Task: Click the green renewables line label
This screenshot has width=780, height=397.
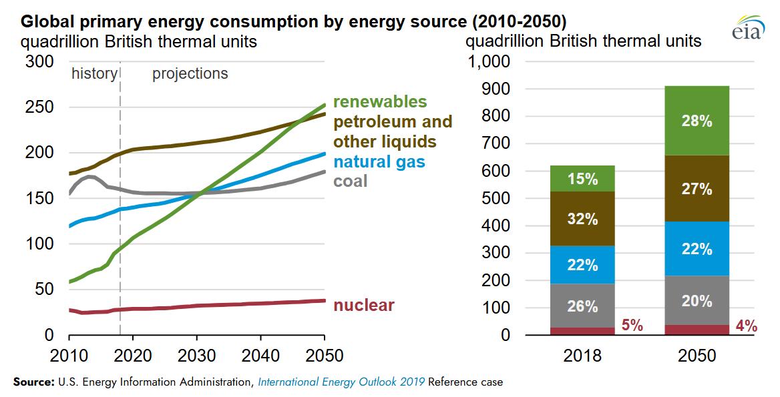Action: tap(379, 101)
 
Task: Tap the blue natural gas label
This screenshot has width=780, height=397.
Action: tap(379, 161)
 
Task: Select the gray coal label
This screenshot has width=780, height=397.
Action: tap(350, 180)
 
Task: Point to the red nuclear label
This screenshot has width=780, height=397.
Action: tap(363, 306)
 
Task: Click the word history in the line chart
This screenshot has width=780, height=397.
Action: tap(94, 73)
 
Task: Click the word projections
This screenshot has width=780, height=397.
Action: tap(190, 73)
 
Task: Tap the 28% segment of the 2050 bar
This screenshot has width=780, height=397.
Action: tap(697, 121)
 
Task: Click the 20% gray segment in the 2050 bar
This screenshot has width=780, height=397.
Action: tap(697, 301)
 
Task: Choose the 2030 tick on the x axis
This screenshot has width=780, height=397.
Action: tap(197, 354)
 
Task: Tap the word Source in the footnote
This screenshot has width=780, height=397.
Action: tap(33, 382)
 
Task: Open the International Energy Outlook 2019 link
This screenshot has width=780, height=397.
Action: tap(341, 382)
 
